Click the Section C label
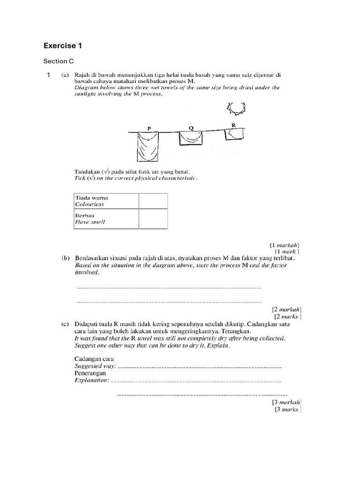click(x=59, y=61)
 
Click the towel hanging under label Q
click(x=191, y=138)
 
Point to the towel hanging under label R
click(x=234, y=134)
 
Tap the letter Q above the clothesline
click(x=191, y=127)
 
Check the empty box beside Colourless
click(x=153, y=201)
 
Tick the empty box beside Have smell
click(x=153, y=218)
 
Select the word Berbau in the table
click(x=85, y=215)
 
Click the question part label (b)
click(x=65, y=258)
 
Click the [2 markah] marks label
click(x=286, y=310)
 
